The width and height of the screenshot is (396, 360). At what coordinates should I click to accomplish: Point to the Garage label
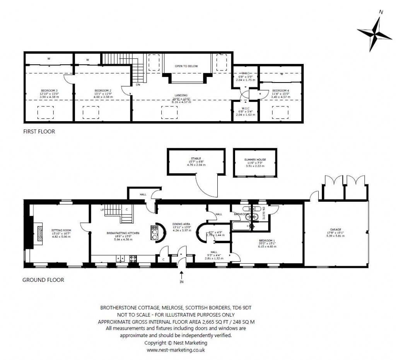coord(336,229)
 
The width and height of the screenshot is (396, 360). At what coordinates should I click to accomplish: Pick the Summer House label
coord(255,159)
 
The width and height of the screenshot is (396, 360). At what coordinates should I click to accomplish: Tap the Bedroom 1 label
coord(267,240)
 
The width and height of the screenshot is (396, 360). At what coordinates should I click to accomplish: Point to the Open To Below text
coord(186,66)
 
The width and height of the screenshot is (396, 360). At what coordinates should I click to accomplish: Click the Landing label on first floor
coord(181,95)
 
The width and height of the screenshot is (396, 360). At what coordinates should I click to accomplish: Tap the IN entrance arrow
coord(181,275)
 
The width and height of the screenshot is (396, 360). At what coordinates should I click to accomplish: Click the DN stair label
coord(138,85)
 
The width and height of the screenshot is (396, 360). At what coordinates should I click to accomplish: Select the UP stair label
coord(102,210)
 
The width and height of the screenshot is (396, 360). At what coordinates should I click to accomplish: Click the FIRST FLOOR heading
coord(39,132)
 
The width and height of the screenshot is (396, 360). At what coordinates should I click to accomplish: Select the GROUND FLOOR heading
coord(43,279)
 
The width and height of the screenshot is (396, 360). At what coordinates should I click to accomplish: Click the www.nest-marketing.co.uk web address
coord(176,350)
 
